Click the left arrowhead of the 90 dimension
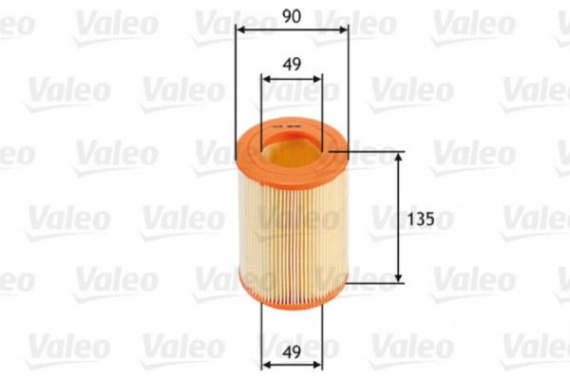pyautogui.click(x=239, y=28)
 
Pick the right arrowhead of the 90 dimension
pyautogui.click(x=343, y=28)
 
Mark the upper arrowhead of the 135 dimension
pyautogui.click(x=399, y=155)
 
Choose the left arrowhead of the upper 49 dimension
pyautogui.click(x=265, y=82)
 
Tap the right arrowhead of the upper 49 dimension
pyautogui.click(x=318, y=82)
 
